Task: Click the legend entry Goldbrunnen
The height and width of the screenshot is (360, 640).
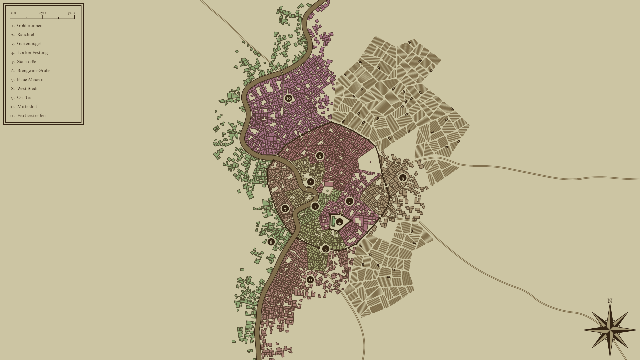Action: coord(30,26)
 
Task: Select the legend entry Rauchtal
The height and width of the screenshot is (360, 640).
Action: coord(26,35)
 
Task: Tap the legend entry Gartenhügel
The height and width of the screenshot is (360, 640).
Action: coord(29,44)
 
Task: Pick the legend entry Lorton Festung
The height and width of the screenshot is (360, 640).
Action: coord(32,53)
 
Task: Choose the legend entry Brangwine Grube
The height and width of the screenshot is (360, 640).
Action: coord(33,71)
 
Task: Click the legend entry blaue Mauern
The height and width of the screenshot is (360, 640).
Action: coord(30,80)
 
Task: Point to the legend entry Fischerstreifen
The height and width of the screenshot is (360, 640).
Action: coord(31,116)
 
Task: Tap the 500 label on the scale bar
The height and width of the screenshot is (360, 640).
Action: coord(71,13)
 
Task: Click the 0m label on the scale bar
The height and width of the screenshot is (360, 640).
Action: coord(13,13)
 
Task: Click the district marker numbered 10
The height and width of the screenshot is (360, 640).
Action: coord(289,98)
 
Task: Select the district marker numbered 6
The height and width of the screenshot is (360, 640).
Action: coord(320,156)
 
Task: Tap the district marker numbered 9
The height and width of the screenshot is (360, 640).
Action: coord(403,178)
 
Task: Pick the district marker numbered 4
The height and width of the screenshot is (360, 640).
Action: coord(339,222)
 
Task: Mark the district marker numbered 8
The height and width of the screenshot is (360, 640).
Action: coord(271,242)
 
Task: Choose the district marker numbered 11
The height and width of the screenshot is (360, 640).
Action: coord(310,280)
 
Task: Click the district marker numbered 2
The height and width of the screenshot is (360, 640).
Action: coord(311,182)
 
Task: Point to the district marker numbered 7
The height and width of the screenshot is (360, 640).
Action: coord(285,209)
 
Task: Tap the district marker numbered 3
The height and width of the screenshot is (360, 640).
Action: coord(349,201)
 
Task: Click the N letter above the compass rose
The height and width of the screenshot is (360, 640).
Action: coord(610,301)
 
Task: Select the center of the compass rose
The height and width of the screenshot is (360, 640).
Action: coord(610,330)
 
